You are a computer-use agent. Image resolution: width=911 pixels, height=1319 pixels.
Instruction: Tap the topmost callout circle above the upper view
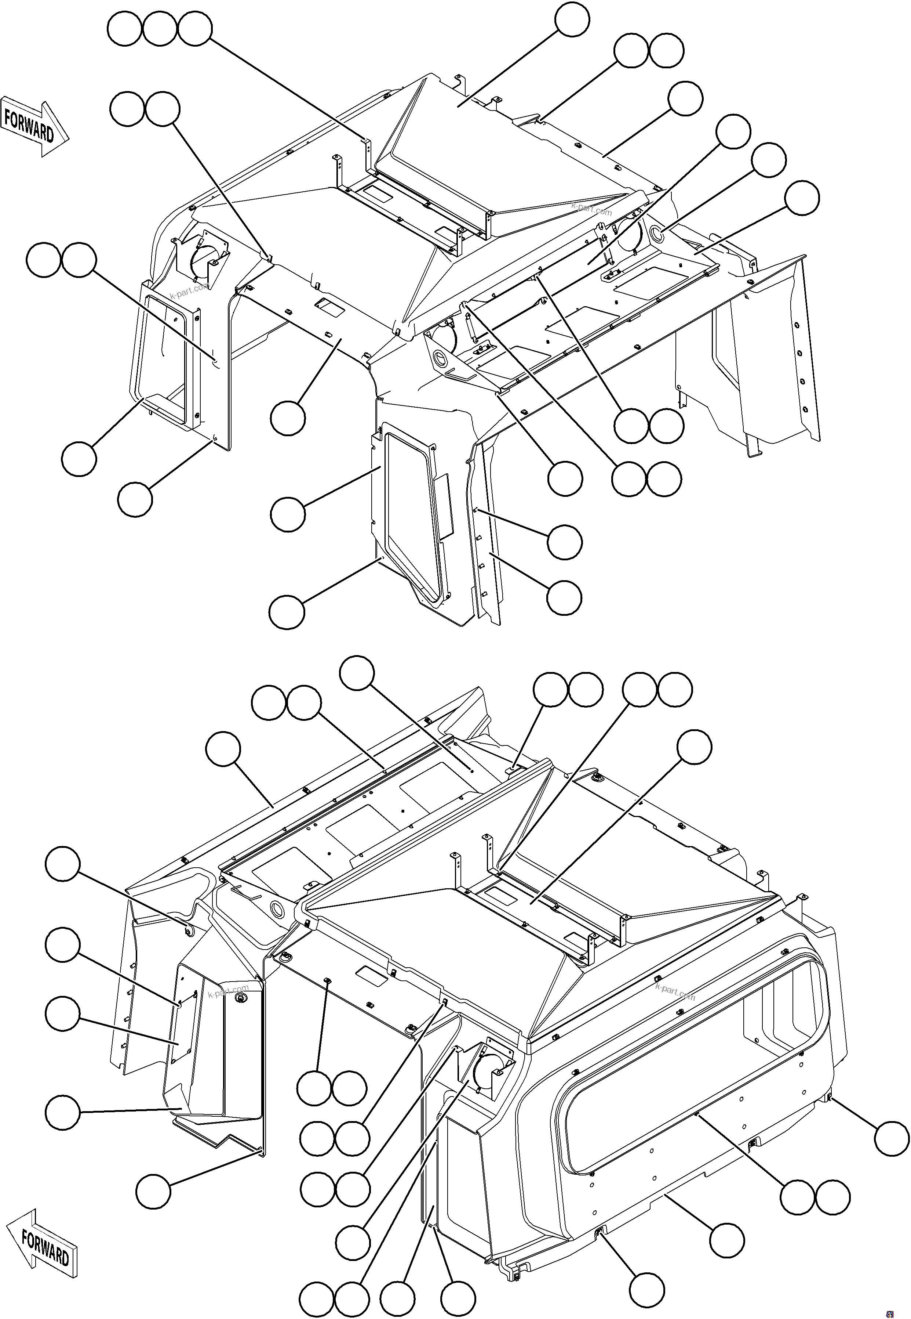click(572, 19)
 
